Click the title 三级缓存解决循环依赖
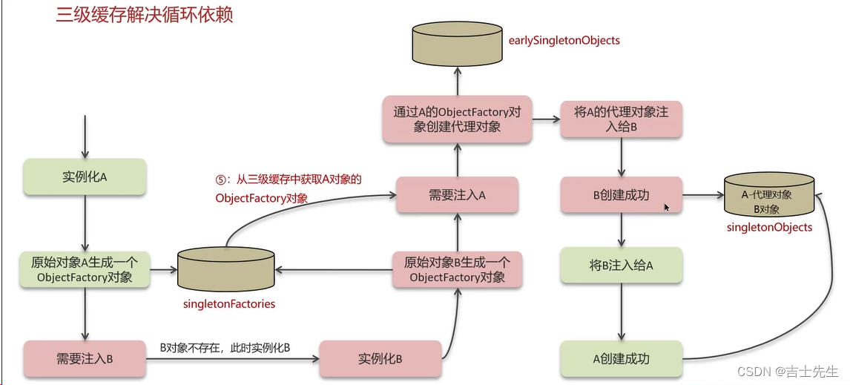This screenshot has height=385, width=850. (x=145, y=15)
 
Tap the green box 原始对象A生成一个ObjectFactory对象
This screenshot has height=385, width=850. (x=85, y=270)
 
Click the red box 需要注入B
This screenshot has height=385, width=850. (x=85, y=359)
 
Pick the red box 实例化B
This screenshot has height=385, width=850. (x=380, y=359)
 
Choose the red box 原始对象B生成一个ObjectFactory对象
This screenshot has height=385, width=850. (x=458, y=270)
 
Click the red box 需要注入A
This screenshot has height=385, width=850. (x=457, y=195)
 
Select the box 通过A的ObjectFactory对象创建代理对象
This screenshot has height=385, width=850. (x=458, y=119)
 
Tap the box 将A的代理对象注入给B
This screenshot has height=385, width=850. (x=622, y=119)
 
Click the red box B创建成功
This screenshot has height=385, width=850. (x=622, y=195)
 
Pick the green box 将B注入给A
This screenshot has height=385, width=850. (x=622, y=265)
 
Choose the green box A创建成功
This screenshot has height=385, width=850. (x=622, y=359)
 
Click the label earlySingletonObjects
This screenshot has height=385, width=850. (x=564, y=40)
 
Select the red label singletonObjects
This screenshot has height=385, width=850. (x=769, y=227)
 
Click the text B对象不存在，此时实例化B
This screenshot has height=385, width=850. (x=225, y=347)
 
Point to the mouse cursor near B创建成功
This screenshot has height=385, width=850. (x=667, y=208)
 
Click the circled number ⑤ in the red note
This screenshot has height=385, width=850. (x=220, y=180)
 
